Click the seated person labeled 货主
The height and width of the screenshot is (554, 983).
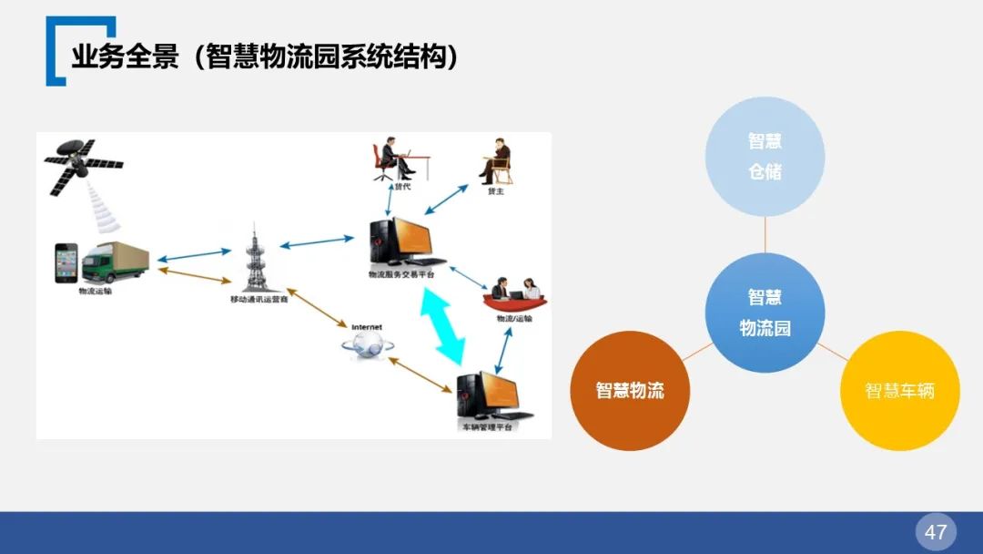point(495,161)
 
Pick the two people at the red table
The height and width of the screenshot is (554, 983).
point(515,292)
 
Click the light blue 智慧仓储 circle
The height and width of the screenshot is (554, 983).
point(765,156)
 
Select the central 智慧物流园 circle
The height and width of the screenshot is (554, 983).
point(765,313)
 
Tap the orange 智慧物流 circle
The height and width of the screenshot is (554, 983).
point(630,391)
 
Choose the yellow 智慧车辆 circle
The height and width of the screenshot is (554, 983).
point(899,391)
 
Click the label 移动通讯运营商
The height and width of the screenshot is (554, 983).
point(258,299)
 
